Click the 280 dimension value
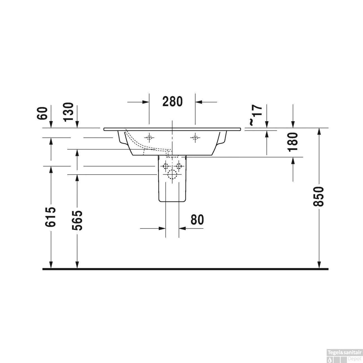tap(172, 102)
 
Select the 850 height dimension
tap(319, 196)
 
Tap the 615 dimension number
tap(51, 217)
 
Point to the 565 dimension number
tap(77, 220)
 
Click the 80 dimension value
tap(197, 220)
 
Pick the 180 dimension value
tap(293, 142)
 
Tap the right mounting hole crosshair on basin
tap(195, 137)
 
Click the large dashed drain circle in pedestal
tap(172, 175)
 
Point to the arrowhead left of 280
tap(145, 102)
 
